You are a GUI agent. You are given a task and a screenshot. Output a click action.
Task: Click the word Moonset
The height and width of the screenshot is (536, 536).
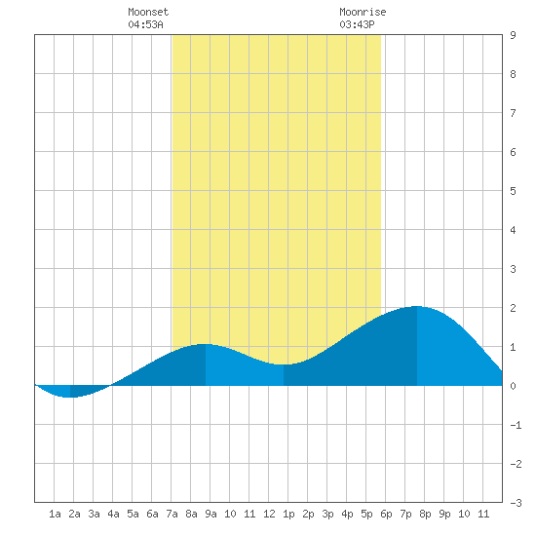point(148,12)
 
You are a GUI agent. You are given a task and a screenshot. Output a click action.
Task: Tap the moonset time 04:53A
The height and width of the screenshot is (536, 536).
point(145,24)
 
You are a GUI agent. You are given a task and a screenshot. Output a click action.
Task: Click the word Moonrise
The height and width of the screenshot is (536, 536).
point(363,12)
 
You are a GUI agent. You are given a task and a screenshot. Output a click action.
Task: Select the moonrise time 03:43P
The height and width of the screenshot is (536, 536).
point(357,24)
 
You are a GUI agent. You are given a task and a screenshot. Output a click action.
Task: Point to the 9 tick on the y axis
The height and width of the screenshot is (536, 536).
point(513,35)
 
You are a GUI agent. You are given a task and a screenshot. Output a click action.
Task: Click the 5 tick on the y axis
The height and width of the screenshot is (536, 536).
point(513,191)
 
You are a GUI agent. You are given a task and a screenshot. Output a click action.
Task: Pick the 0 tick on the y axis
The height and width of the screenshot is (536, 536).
point(513,386)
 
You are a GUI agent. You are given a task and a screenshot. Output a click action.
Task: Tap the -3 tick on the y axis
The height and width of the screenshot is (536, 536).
point(516,503)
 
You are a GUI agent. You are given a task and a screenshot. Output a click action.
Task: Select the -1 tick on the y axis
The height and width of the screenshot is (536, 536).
point(516,425)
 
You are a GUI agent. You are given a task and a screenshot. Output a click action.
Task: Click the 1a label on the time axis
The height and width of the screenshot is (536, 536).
point(55,514)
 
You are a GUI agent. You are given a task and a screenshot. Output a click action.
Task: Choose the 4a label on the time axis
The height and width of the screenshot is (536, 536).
point(113,514)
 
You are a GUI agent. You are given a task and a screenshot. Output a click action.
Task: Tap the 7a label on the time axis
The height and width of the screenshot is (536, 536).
point(172,514)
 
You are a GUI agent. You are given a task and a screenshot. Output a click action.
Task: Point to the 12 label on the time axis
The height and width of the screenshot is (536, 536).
point(269,514)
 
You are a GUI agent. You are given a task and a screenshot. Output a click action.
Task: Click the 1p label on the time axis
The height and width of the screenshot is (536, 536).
point(288,514)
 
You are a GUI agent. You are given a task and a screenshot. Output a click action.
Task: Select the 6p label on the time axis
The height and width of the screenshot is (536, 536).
point(386,514)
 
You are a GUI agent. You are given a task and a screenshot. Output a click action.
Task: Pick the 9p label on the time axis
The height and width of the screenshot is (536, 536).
point(444,514)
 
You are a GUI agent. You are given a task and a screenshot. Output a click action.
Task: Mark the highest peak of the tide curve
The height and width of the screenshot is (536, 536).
point(417,306)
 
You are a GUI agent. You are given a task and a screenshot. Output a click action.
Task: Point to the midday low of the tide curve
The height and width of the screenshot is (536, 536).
point(284,364)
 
